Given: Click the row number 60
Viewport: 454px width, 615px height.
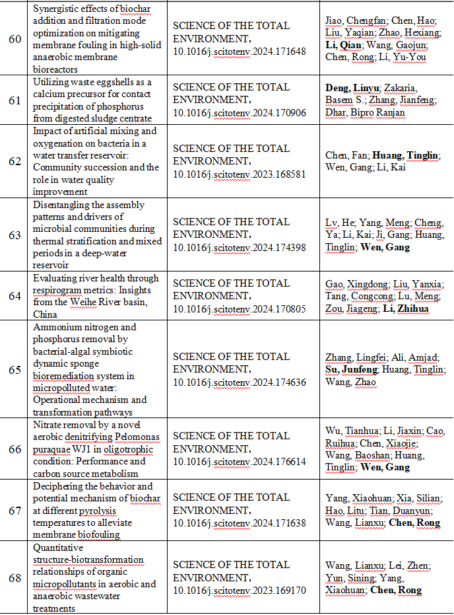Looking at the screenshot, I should point(15,38).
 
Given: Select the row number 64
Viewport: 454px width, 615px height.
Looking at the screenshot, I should point(15,295).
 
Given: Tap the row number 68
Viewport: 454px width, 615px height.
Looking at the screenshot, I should point(15,578).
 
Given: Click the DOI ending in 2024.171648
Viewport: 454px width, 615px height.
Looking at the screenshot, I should point(240,51).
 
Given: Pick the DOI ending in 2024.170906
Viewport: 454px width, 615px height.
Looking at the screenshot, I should point(240,112).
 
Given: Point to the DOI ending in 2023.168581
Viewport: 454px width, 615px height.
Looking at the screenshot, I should point(240,174).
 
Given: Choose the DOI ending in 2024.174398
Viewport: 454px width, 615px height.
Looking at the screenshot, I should point(240,247).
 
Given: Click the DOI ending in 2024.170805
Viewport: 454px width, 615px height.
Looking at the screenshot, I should point(240,308).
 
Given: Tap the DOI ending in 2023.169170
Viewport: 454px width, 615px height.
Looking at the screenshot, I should point(240,591).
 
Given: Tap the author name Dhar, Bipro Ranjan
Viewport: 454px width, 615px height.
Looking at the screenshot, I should point(365,112).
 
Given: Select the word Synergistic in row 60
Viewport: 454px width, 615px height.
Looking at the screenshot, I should point(60,7).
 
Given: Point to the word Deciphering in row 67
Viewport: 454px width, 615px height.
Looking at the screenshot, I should point(60,486).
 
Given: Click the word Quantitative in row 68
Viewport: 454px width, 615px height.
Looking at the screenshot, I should point(58,548).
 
